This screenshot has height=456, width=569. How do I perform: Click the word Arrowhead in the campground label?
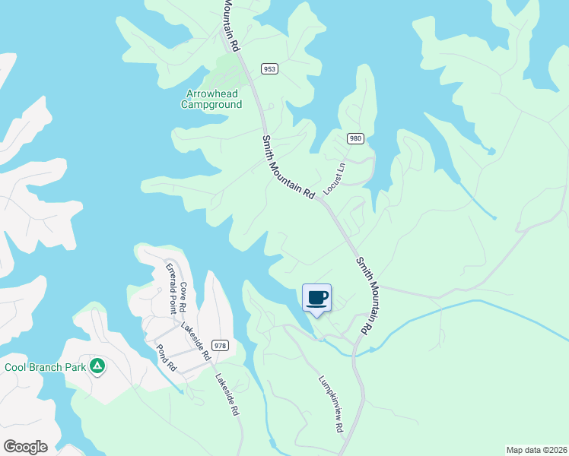pyautogui.click(x=211, y=94)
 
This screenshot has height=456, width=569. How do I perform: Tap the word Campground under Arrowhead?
pyautogui.click(x=211, y=105)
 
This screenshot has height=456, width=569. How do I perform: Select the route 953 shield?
pyautogui.click(x=269, y=68)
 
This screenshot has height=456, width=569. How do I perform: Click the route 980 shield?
pyautogui.click(x=355, y=138)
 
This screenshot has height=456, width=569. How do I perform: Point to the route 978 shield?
pyautogui.click(x=220, y=345)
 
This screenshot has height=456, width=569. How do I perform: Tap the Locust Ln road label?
pyautogui.click(x=335, y=179)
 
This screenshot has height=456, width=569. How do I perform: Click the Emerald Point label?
pyautogui.click(x=176, y=289)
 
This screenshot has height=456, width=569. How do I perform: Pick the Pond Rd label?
pyautogui.click(x=166, y=357)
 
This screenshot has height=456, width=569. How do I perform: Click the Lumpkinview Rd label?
pyautogui.click(x=331, y=404)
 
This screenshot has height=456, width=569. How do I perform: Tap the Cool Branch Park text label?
pyautogui.click(x=43, y=367)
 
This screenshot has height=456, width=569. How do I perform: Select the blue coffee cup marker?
pyautogui.click(x=316, y=297)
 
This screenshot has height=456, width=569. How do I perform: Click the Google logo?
pyautogui.click(x=25, y=446)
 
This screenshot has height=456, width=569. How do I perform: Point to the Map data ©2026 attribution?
pyautogui.click(x=536, y=449)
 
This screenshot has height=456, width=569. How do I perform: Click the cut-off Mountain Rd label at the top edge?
pyautogui.click(x=231, y=25)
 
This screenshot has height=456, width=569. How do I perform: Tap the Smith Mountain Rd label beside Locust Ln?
pyautogui.click(x=288, y=167)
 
